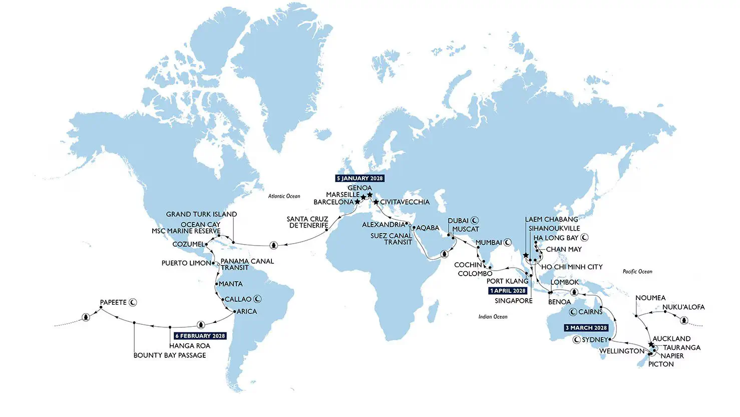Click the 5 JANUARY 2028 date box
[359, 178]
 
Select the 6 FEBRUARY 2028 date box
[200, 336]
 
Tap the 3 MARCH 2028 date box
[586, 328]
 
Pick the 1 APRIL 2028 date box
[508, 291]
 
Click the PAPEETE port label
[113, 302]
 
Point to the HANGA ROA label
[189, 346]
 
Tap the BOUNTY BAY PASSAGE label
[170, 355]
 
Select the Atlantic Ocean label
[284, 196]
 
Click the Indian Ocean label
[493, 317]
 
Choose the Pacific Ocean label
[637, 272]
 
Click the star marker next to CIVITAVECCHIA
[376, 202]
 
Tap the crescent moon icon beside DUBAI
[475, 221]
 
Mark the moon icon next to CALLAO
[258, 299]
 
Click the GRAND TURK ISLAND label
[201, 214]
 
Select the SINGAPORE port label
[513, 301]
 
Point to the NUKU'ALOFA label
[683, 307]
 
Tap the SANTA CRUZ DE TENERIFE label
[307, 222]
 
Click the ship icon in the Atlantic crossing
[273, 245]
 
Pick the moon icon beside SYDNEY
[576, 340]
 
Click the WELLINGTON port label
[621, 351]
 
